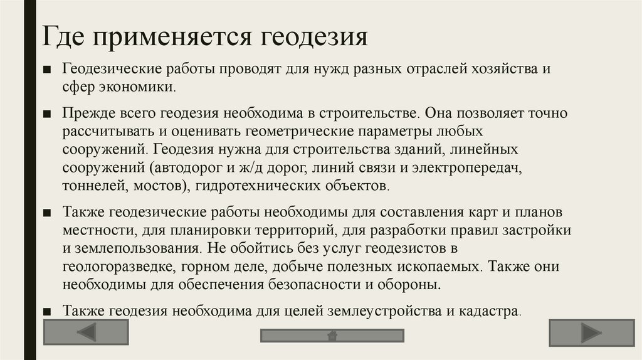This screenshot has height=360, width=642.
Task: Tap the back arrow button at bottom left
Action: click(86, 332)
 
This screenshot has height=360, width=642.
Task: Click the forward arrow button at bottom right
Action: click(591, 332)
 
